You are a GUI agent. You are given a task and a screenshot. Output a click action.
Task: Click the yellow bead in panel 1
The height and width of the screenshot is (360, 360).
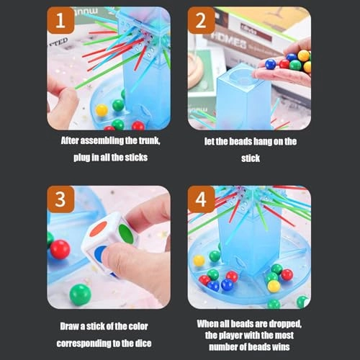(x=102, y=110)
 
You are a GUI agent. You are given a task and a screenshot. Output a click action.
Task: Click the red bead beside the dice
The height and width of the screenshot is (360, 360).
(x=60, y=249)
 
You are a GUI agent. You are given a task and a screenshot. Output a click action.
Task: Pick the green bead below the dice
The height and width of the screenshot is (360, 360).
(x=80, y=294)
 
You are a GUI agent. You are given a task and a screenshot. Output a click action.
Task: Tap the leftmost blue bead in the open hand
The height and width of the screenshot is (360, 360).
(x=271, y=64)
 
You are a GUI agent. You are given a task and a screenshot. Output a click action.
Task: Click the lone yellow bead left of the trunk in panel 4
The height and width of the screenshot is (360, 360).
(x=199, y=260)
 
